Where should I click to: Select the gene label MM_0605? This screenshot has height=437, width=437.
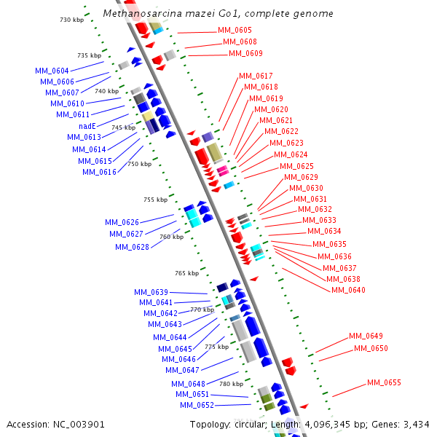[235, 31]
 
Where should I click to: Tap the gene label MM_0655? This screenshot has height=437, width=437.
[384, 382]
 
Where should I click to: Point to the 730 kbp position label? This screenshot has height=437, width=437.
[71, 20]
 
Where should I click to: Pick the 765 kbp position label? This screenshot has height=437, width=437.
[186, 273]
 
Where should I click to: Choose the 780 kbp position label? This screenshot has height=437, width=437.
[231, 384]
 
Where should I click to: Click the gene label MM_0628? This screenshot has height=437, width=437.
[132, 247]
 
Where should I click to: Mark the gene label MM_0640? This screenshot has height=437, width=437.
[348, 290]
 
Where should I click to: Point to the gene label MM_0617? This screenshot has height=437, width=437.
[256, 76]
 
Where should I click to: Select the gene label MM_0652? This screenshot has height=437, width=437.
[197, 405]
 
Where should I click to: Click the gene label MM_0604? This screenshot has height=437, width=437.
[52, 71]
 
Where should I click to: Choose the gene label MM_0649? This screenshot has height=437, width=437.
[366, 336]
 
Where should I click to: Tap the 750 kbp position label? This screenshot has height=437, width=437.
[139, 164]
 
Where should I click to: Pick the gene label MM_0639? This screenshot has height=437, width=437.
[151, 292]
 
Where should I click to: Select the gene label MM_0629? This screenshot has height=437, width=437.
[301, 177]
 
